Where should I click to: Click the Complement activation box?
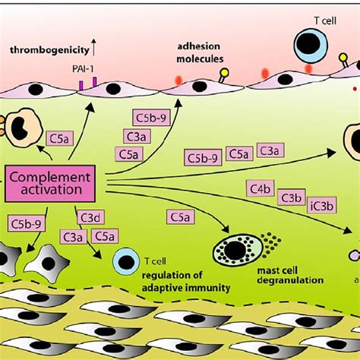click(51, 183)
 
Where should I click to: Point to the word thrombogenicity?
click(45, 51)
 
